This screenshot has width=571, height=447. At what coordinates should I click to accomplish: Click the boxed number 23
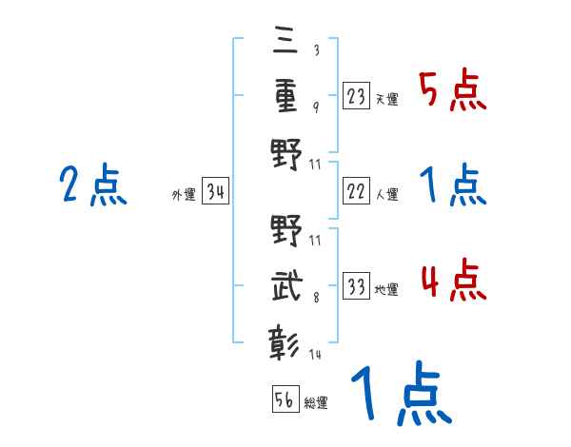[x=357, y=95]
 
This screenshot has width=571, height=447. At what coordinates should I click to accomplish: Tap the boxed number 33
[x=357, y=286]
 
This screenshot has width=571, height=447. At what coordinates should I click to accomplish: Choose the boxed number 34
[x=215, y=192]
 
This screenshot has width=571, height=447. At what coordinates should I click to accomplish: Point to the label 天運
[x=387, y=99]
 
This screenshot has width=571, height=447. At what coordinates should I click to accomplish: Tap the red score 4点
[x=453, y=282]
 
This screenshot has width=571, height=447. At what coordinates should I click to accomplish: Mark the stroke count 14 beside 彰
[x=315, y=354]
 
